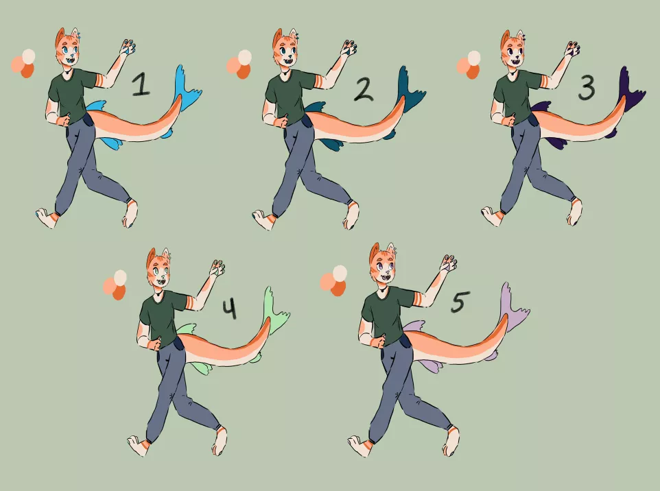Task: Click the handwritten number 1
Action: coord(141,85)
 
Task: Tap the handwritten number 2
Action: coord(364,88)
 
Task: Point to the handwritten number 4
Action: coord(229,309)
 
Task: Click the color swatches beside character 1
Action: coord(23,63)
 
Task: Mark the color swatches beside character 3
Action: coord(469,64)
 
